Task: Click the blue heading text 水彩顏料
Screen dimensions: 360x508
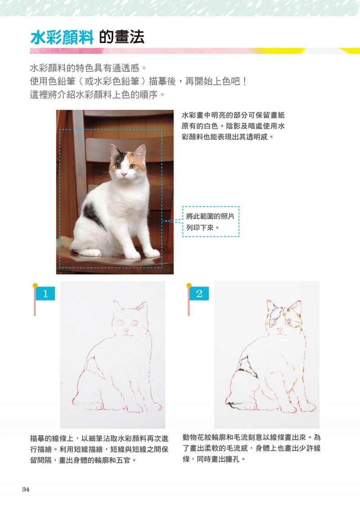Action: pos(62,38)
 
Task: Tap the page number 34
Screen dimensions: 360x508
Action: pos(26,489)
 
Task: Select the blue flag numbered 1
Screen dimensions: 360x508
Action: pos(45,293)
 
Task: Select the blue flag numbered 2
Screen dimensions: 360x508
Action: pos(199,293)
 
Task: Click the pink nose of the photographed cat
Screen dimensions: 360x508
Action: pos(124,175)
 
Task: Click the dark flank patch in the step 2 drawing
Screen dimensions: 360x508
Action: pos(248,366)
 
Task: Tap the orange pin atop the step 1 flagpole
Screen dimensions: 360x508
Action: pos(35,285)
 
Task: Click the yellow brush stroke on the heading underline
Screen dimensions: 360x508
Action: pos(279,51)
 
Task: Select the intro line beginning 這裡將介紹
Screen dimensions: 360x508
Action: pos(98,94)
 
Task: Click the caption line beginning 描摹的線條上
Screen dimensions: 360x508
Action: pos(99,438)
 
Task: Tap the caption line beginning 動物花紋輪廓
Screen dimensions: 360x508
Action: pos(252,437)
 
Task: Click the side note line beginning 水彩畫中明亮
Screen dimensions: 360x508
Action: pos(233,115)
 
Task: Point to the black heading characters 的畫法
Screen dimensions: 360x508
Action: pos(121,38)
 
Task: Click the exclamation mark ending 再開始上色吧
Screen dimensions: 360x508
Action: pos(244,81)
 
